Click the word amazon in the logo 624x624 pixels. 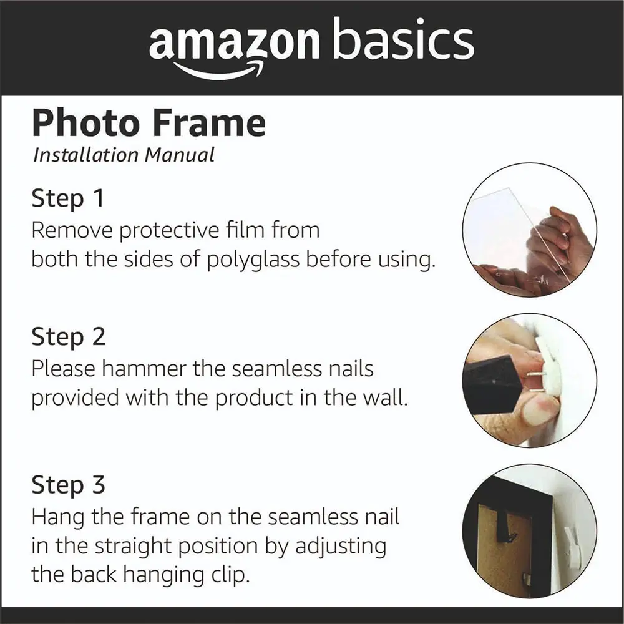[x=235, y=41]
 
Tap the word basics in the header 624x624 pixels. [x=404, y=38]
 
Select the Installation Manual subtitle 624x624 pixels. [x=124, y=155]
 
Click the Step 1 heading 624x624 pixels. [x=67, y=198]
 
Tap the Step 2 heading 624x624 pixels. [x=69, y=337]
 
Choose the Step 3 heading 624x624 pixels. [x=69, y=485]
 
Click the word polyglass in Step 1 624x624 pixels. [x=253, y=260]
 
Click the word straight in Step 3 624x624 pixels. [x=135, y=547]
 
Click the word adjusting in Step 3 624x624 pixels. [x=341, y=547]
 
